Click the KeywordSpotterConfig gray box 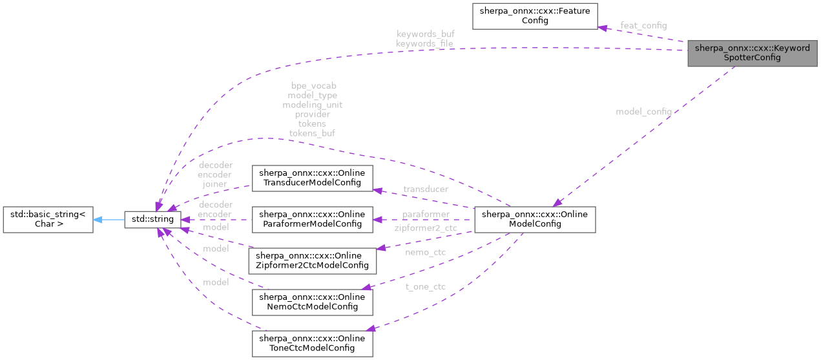point(752,52)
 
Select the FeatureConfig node point(535,16)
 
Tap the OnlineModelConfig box point(534,219)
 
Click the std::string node point(149,219)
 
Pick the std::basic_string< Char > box point(48,219)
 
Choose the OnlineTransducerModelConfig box point(312,178)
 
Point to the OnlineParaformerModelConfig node point(312,219)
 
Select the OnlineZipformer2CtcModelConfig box point(312,260)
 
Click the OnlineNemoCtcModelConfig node point(312,301)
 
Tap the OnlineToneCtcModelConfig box point(312,343)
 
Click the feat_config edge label point(643,25)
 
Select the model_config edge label point(643,112)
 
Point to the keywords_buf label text point(425,34)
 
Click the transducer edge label point(425,189)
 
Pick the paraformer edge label point(425,214)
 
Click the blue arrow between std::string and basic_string point(108,219)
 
